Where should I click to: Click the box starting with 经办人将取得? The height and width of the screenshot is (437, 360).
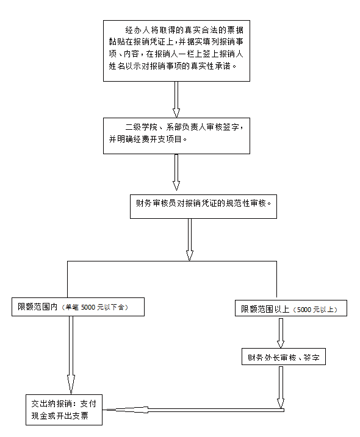tap(176, 51)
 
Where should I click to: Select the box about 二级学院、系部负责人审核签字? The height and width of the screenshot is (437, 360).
tap(176, 136)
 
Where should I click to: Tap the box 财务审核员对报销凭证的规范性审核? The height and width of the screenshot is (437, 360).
tap(203, 207)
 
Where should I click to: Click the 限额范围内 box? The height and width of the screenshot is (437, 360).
tap(78, 307)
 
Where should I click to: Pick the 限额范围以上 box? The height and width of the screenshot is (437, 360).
tap(291, 308)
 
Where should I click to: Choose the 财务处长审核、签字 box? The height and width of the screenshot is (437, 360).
tap(284, 357)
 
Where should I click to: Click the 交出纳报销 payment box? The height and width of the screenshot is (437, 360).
tap(64, 410)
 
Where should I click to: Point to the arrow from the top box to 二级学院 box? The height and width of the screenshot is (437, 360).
tap(176, 99)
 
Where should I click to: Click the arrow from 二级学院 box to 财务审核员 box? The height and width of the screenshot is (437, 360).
tap(176, 172)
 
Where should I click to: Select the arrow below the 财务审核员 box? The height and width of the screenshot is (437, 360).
tap(190, 240)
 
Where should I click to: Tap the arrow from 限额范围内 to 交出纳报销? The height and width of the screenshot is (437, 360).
tap(71, 355)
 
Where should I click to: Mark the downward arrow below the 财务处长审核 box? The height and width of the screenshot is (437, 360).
tap(281, 388)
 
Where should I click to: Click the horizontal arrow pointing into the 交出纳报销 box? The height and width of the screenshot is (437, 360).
tap(193, 410)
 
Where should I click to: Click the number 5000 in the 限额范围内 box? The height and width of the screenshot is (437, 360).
tap(88, 307)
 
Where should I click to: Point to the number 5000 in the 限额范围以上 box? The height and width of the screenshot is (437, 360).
tap(304, 310)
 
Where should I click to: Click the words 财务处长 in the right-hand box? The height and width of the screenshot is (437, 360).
tap(264, 357)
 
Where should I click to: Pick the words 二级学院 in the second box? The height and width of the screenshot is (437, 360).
tap(141, 127)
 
